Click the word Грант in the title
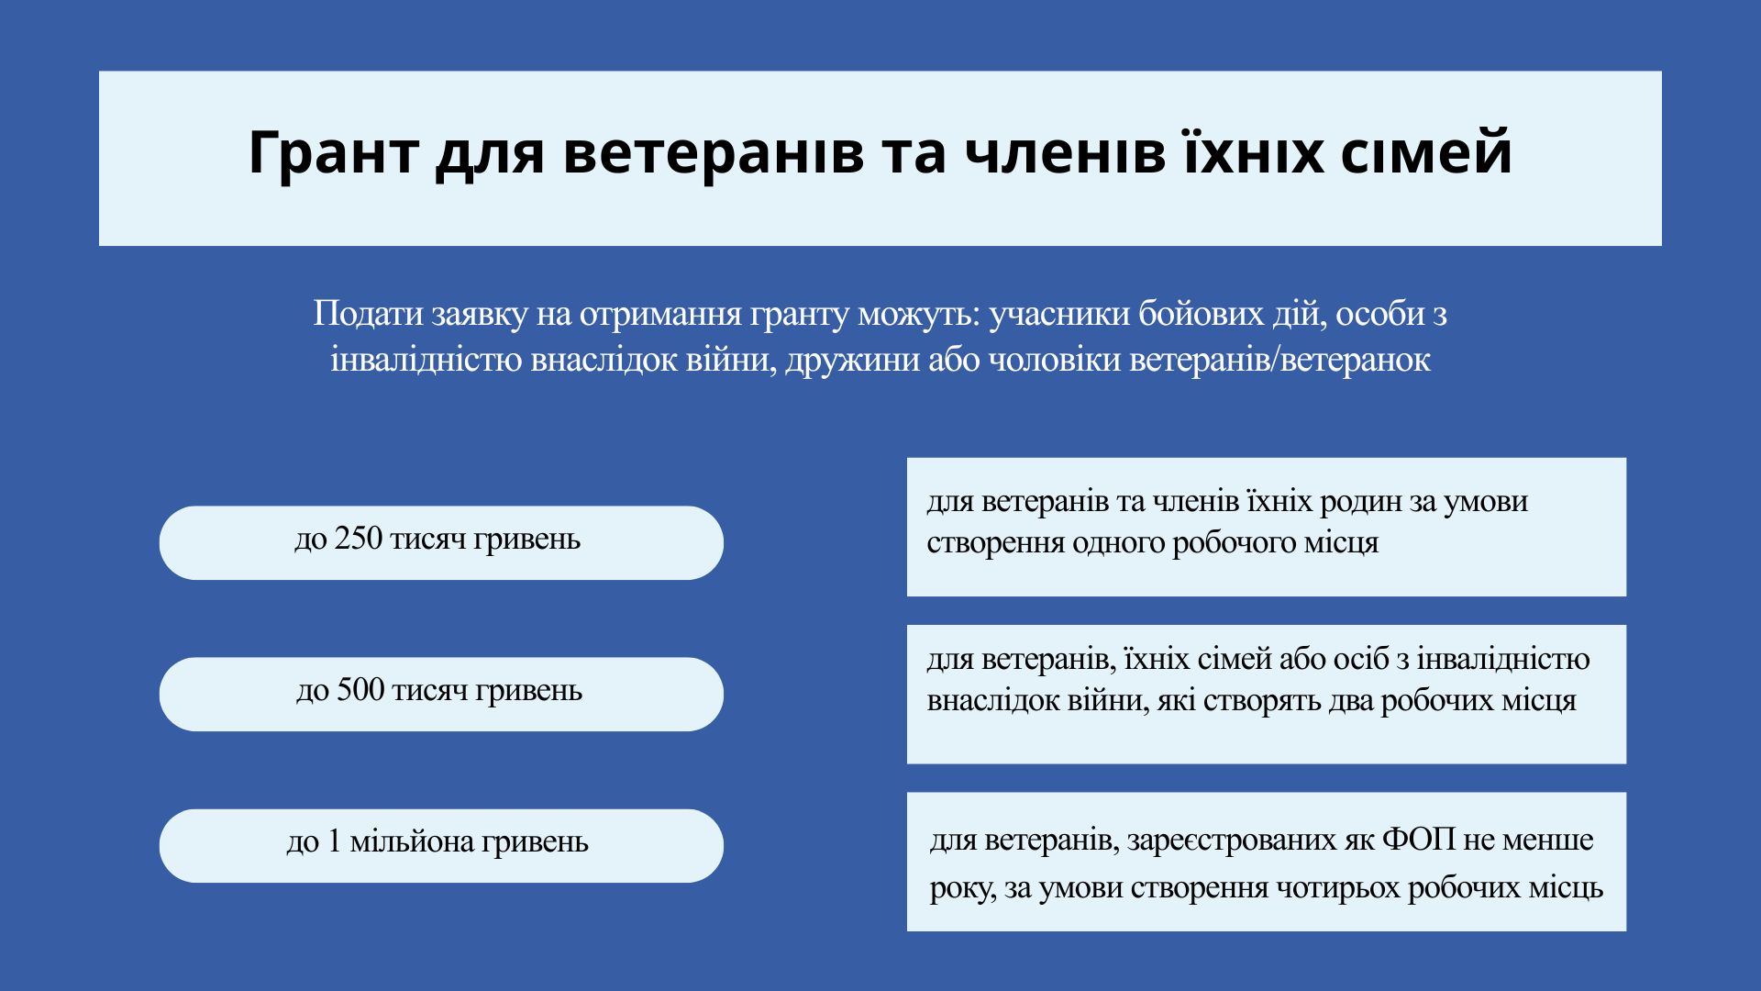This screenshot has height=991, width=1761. point(332,152)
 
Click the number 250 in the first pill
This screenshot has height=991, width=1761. point(359,539)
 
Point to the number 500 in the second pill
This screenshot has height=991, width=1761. point(360,690)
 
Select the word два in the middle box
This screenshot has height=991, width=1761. point(1349,701)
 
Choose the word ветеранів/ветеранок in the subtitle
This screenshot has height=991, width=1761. point(1279,360)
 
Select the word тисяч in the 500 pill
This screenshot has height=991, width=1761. point(430,690)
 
